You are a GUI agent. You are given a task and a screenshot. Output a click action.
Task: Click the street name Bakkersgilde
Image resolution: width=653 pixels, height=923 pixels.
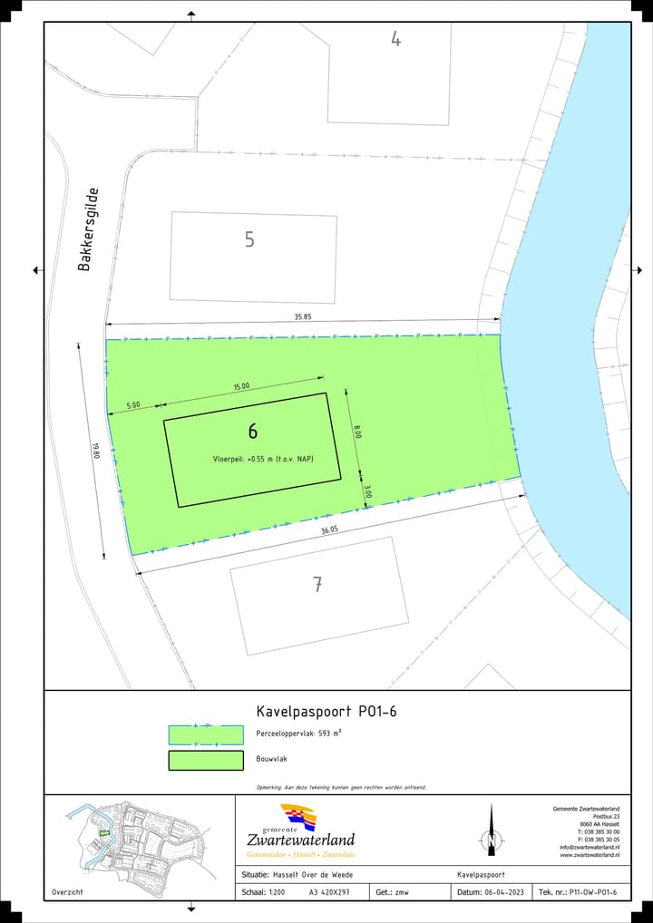88,229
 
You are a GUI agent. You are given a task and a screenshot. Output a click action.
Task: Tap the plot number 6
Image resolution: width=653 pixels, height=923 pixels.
252,432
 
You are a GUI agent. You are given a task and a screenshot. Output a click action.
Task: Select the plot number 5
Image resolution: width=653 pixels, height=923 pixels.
249,239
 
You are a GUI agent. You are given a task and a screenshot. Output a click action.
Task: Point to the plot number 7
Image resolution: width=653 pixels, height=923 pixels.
317,585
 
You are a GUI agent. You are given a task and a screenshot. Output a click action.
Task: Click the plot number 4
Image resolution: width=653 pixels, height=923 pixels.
395,38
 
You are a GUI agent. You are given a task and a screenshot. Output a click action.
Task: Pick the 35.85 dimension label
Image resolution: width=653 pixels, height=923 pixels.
303,316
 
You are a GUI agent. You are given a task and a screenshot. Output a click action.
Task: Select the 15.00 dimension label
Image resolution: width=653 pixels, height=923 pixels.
241,387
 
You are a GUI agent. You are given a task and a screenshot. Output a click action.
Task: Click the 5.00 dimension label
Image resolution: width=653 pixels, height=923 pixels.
133,405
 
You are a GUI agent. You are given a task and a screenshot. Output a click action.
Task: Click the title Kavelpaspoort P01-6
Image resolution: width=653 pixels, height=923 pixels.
326,712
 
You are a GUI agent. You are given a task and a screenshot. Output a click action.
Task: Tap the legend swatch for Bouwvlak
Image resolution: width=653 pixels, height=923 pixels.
206,761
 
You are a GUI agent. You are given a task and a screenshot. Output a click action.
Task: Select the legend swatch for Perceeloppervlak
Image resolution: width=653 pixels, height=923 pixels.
206,734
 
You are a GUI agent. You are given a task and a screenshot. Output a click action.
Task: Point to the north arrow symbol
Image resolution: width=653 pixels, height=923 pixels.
492,830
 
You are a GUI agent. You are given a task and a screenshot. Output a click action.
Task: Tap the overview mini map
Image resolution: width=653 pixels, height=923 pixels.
140,839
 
